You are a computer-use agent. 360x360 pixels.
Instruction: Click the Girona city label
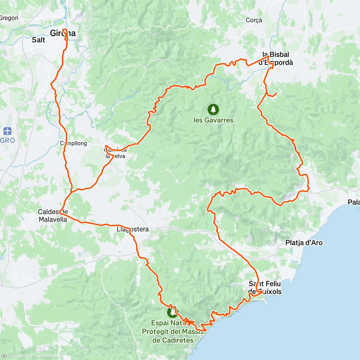pyautogui.click(x=63, y=33)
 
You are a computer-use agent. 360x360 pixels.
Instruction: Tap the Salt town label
pyautogui.click(x=38, y=40)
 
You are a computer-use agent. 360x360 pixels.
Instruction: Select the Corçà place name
pyautogui.click(x=254, y=20)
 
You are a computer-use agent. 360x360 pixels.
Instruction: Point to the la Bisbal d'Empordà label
pyautogui.click(x=276, y=58)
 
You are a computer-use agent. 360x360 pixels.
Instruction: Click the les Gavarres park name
pyautogui.click(x=213, y=120)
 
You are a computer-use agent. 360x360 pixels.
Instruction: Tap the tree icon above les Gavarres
pyautogui.click(x=213, y=109)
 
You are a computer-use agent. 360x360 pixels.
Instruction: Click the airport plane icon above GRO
pyautogui.click(x=7, y=131)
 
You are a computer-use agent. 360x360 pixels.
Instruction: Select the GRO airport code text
pyautogui.click(x=7, y=140)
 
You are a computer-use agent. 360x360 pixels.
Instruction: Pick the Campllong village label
pyautogui.click(x=73, y=143)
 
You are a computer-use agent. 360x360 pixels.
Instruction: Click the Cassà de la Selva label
pyautogui.click(x=115, y=153)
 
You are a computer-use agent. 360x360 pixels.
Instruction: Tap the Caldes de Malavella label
pyautogui.click(x=53, y=216)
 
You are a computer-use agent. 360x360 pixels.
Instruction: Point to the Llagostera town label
pyautogui.click(x=133, y=229)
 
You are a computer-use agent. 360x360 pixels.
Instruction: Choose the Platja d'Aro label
pyautogui.click(x=304, y=243)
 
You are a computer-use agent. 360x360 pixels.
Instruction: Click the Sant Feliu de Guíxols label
pyautogui.click(x=265, y=288)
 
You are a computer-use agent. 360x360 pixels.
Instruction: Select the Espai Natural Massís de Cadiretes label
pyautogui.click(x=173, y=331)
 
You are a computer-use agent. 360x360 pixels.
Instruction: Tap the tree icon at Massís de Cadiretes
pyautogui.click(x=172, y=312)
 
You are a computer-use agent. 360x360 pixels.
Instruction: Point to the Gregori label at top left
pyautogui.click(x=9, y=18)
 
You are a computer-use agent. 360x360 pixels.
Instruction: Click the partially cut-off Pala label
pyautogui.click(x=354, y=202)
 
